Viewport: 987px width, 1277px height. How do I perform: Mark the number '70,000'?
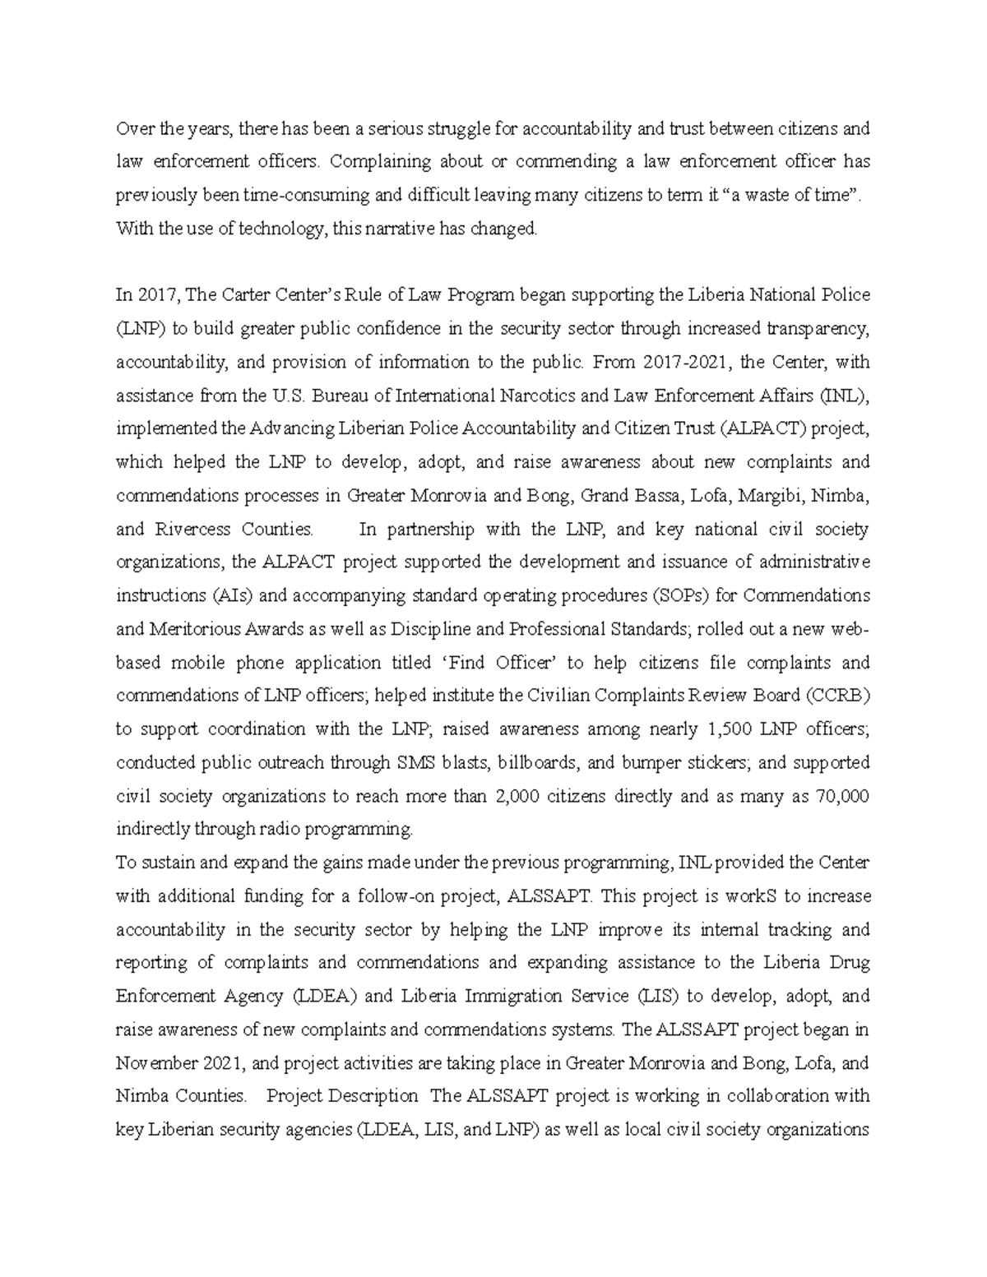pyautogui.click(x=842, y=796)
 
